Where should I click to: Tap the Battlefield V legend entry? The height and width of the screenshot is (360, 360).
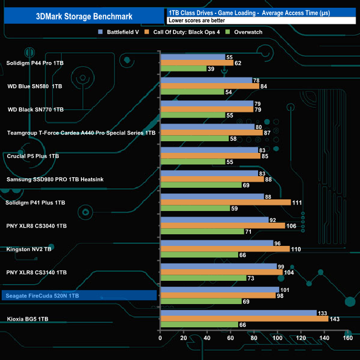(x=119, y=32)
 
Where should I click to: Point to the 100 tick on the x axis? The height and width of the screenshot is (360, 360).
(x=277, y=338)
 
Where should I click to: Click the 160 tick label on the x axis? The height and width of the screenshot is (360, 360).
(x=348, y=338)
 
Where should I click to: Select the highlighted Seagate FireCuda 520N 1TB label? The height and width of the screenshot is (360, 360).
(x=42, y=296)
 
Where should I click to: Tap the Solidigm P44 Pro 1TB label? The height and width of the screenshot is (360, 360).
(x=35, y=64)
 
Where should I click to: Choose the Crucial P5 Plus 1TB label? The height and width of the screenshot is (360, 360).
(x=33, y=156)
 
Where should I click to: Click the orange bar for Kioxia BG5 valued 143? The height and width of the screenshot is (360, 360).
(x=244, y=318)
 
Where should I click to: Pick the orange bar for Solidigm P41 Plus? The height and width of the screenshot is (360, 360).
(x=225, y=203)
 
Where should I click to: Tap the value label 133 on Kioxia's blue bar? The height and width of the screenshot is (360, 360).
(x=323, y=312)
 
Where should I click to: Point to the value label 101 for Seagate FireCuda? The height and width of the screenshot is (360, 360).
(x=286, y=289)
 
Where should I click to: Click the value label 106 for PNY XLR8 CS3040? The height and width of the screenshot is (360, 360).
(x=292, y=226)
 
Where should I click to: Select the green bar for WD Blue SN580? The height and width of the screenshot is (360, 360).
(x=192, y=92)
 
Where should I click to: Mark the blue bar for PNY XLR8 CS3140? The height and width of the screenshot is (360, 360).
(x=218, y=266)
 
